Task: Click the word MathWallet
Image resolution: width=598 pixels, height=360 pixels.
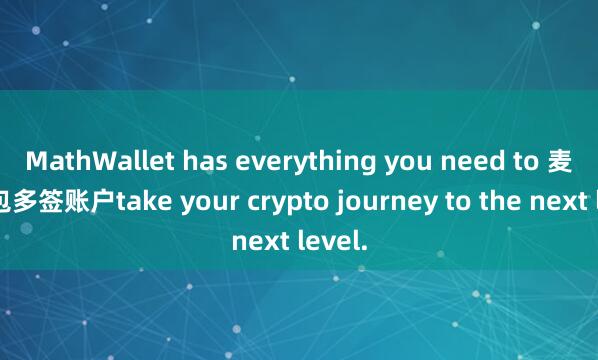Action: [x=87, y=160]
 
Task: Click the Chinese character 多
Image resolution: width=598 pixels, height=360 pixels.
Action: [x=31, y=199]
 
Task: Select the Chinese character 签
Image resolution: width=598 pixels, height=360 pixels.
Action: [x=58, y=199]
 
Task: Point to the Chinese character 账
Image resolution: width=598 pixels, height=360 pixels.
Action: [x=85, y=199]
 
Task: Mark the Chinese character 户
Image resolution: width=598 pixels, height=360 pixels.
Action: [x=111, y=199]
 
